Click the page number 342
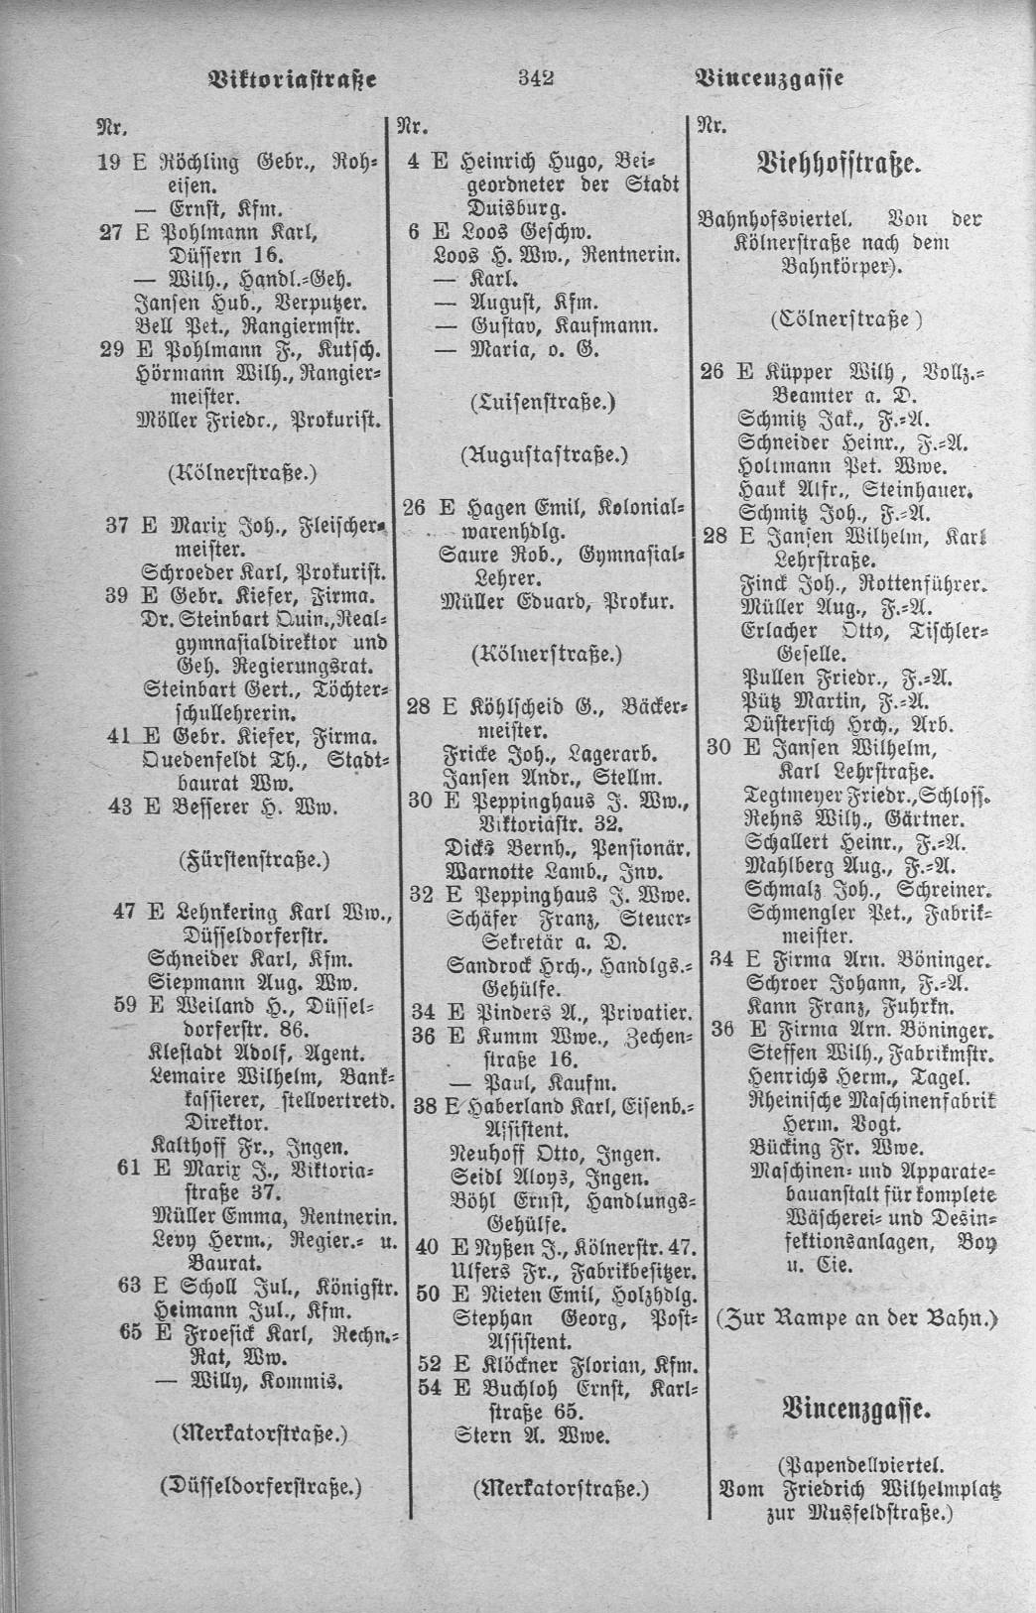pos(535,78)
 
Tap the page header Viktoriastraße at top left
pos(293,78)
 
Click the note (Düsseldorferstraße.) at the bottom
pos(260,1487)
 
